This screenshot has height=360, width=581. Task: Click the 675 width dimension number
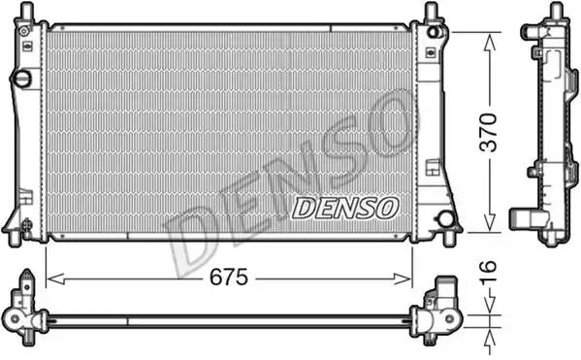(229, 277)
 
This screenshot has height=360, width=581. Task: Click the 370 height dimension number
(488, 133)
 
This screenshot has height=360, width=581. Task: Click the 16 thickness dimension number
(488, 273)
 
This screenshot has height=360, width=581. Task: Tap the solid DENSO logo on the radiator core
(345, 208)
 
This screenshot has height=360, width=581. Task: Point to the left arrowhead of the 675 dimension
(56, 278)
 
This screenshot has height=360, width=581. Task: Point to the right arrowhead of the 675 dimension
(402, 278)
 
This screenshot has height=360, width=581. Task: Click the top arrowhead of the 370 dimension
(490, 43)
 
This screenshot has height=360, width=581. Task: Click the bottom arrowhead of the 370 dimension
(490, 221)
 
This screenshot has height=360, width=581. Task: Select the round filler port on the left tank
(21, 79)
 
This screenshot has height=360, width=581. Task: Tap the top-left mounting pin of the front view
(25, 11)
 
